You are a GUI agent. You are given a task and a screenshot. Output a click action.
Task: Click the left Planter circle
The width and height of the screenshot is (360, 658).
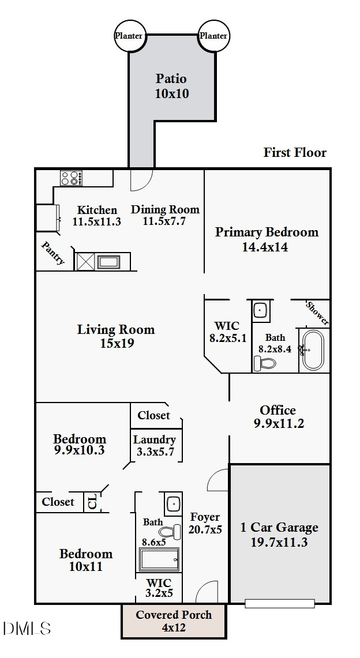129,36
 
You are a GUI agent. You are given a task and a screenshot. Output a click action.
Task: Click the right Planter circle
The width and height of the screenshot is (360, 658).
213,36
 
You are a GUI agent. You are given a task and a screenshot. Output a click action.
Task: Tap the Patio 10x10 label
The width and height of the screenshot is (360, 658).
171,86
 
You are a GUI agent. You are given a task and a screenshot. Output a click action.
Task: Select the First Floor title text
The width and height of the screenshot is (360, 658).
295,152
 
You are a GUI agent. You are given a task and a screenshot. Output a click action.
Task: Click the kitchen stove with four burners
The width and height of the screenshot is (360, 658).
72,178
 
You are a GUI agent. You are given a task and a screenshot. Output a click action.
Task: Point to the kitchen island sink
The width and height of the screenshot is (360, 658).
108,262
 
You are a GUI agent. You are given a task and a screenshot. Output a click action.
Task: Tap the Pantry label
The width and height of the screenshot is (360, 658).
53,253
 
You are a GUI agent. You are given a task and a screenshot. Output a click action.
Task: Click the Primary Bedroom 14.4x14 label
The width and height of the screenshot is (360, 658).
267,239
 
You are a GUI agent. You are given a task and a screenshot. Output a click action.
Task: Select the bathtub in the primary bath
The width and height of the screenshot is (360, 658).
313,350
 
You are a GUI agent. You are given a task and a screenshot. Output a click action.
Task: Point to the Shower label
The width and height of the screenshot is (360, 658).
318,313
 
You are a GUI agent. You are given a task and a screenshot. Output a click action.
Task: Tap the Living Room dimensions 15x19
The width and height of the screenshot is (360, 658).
117,343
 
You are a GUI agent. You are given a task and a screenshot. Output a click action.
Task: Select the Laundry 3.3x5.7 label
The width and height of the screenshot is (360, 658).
155,446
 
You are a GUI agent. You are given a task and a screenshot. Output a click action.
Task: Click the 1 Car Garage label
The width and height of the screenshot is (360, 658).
279,528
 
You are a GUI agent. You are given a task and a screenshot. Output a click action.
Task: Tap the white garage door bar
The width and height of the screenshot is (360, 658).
280,603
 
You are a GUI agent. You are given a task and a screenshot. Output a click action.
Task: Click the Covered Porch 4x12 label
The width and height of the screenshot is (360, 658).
174,622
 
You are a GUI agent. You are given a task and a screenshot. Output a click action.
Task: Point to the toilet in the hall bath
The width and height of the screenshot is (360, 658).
171,531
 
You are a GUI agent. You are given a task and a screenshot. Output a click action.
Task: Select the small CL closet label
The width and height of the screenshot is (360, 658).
93,502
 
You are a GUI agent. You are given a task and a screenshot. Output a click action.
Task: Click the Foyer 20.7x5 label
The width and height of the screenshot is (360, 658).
205,523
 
